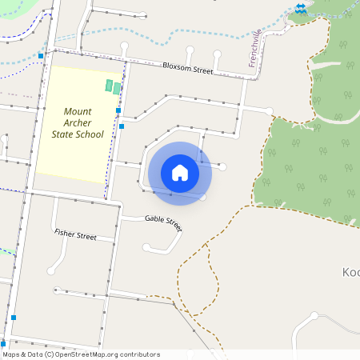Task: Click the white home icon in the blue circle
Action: tap(180, 173)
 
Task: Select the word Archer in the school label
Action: tap(78, 122)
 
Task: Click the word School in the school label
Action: tap(89, 134)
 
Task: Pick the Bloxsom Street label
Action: tap(187, 69)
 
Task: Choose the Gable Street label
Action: tap(163, 222)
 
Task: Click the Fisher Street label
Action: tap(75, 236)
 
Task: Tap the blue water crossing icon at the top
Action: tap(299, 8)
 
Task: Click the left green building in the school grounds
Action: tap(109, 85)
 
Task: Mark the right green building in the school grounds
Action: tap(117, 88)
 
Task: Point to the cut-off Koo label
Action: tap(351, 271)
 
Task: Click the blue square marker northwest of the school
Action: tap(41, 55)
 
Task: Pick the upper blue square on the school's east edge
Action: tap(118, 110)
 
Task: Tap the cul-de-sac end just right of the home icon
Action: tap(223, 166)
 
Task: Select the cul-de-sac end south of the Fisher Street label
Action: tap(53, 271)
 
